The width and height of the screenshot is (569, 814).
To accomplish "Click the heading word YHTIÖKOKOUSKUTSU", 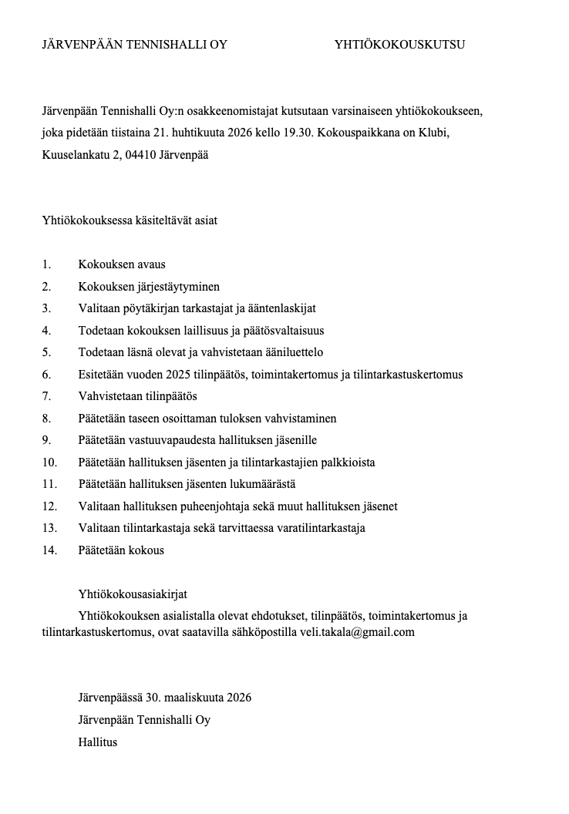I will tap(399, 45).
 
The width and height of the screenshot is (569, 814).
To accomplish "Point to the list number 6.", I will tap(46, 375).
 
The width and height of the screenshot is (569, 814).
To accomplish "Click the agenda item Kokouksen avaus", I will tap(122, 264).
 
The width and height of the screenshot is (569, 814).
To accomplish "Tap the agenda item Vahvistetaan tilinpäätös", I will tap(138, 396).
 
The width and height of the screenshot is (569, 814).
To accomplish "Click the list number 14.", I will tap(49, 550).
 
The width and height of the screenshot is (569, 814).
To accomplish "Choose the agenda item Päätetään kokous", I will tap(121, 550).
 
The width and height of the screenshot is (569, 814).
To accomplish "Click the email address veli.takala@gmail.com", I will tap(358, 632).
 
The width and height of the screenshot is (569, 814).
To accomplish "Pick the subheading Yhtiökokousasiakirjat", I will tap(133, 594).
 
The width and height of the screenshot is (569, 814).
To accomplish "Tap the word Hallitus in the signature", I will tap(97, 742).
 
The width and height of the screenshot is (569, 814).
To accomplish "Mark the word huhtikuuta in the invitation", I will tap(197, 133).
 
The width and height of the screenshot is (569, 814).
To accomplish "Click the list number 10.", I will tap(49, 462).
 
